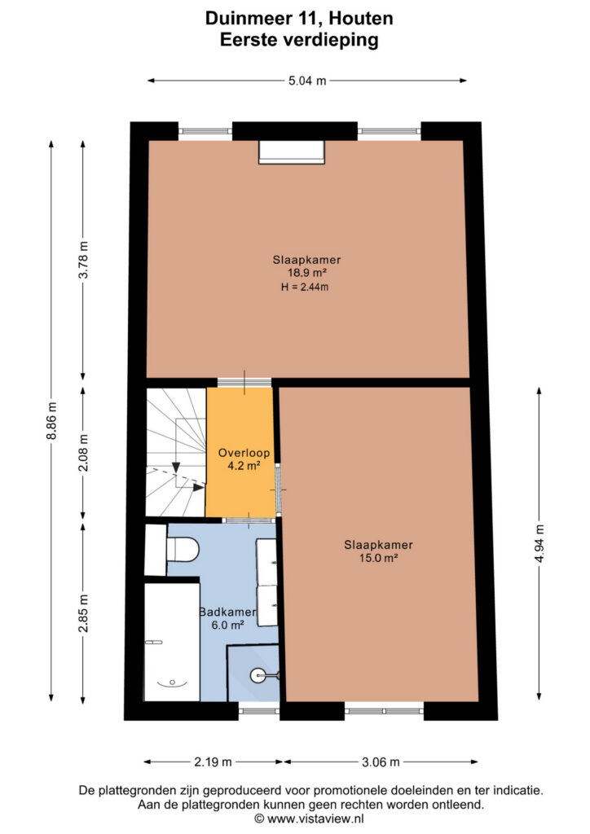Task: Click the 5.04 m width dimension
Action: point(307,81)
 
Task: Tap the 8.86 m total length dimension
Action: point(51,421)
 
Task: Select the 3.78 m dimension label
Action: point(83,260)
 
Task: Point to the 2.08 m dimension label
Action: point(83,453)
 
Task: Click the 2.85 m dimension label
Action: point(83,612)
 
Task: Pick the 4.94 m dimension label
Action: point(539,543)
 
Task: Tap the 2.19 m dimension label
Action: point(213,762)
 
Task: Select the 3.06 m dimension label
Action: point(381,762)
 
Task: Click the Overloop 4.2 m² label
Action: point(244,459)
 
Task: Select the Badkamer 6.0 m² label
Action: point(227,618)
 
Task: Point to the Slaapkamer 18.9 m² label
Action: point(307,266)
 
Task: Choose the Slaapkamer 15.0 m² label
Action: point(378,551)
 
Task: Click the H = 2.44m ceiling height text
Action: point(305,288)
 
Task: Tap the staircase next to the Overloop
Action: point(176,452)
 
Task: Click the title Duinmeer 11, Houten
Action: point(299,19)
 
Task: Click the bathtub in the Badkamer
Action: point(172,642)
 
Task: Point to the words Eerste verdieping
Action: point(299,40)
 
